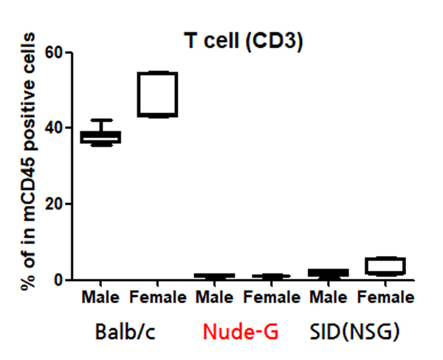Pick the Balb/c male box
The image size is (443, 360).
point(101,137)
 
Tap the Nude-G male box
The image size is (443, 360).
point(215,276)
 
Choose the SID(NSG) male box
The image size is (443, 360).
point(329,273)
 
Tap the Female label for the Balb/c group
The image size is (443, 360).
point(157,298)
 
